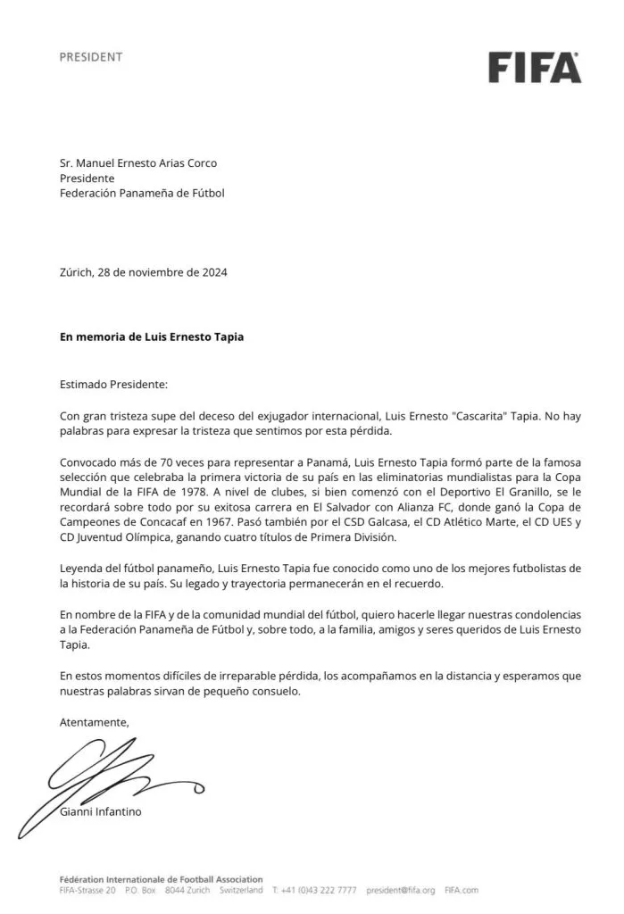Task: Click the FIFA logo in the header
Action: coord(534,66)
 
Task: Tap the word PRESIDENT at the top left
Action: coord(90,57)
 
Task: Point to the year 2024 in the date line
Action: coord(212,272)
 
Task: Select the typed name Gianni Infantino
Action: coord(100,812)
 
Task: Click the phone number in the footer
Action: coord(319,890)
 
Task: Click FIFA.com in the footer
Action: coord(462,890)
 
